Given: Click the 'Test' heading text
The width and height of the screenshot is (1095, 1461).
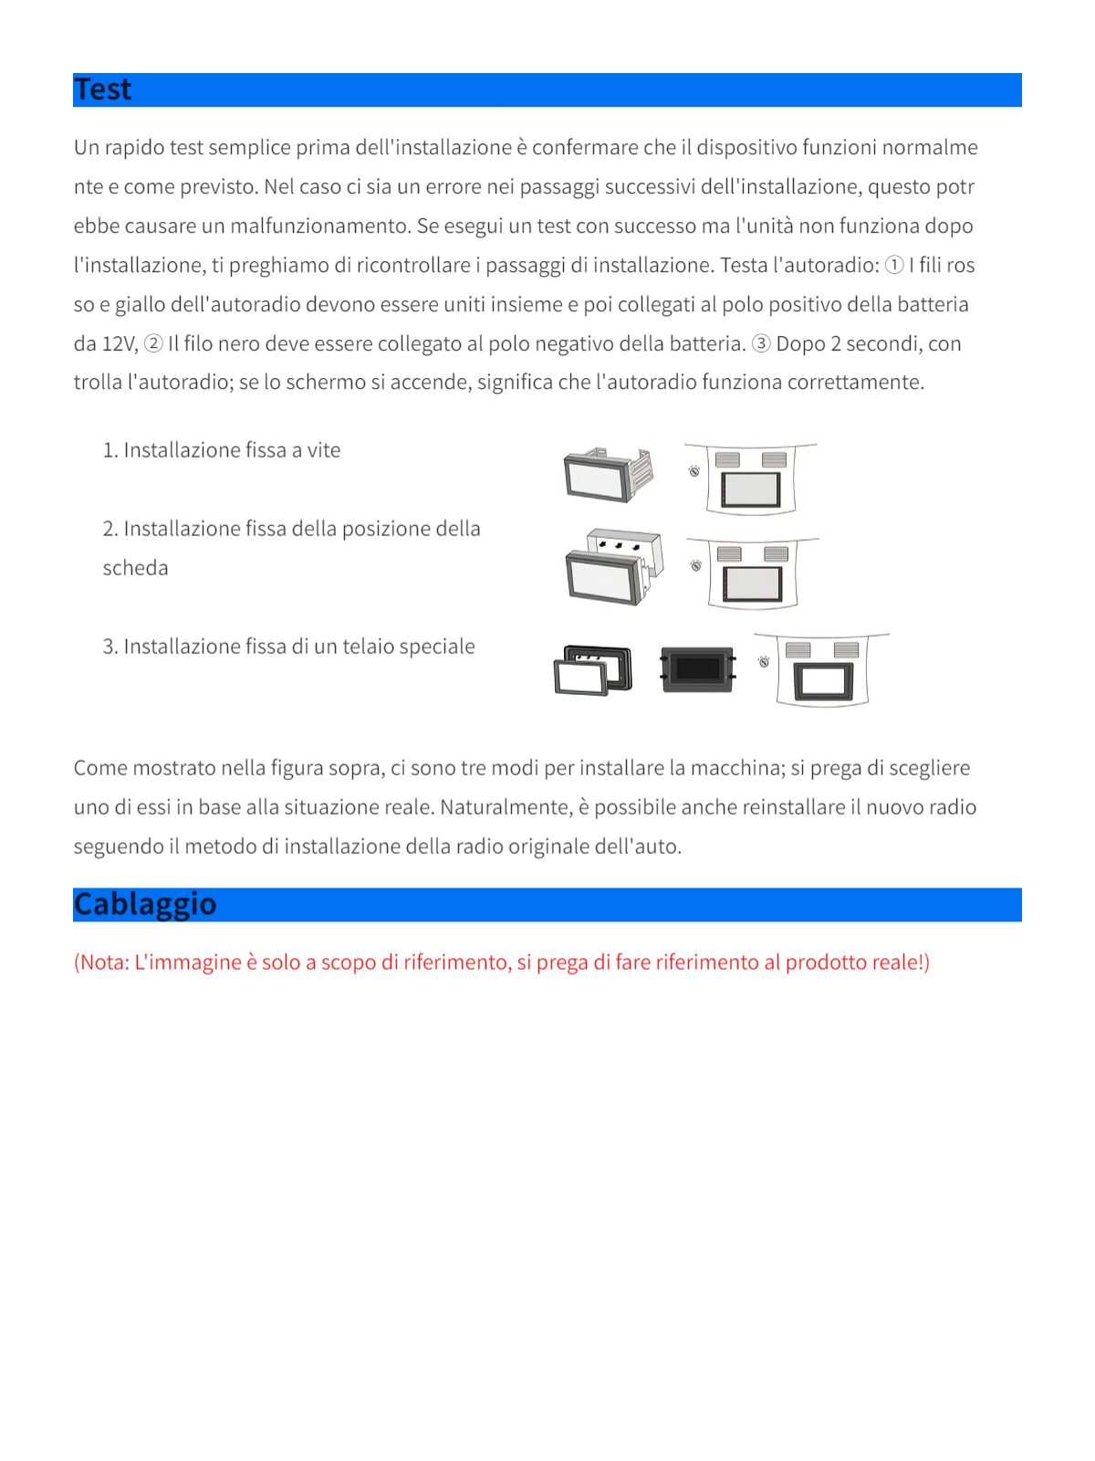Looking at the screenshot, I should click(103, 89).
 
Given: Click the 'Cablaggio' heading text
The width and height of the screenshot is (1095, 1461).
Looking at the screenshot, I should click(145, 904).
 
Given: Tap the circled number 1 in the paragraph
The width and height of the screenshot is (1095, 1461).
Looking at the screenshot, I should click(894, 266).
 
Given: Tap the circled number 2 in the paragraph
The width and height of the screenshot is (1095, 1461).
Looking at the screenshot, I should click(153, 344).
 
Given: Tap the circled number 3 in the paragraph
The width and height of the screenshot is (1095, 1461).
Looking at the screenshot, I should click(761, 344).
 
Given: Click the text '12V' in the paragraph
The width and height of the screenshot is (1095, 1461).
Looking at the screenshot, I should click(119, 344).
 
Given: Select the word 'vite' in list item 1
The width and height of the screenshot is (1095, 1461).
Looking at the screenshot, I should click(324, 450).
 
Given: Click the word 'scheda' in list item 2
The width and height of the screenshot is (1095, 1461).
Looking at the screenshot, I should click(135, 568).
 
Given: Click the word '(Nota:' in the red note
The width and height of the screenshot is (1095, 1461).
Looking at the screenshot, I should click(101, 962).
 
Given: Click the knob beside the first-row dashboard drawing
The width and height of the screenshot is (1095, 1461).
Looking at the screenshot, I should click(694, 471).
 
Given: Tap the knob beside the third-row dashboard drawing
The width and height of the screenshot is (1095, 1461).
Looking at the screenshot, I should click(764, 661).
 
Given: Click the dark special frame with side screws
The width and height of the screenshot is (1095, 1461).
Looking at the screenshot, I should click(698, 669).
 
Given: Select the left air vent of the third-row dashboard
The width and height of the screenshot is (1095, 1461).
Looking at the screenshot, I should click(798, 649).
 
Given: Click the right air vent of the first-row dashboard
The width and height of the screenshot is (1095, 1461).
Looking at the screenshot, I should click(774, 459).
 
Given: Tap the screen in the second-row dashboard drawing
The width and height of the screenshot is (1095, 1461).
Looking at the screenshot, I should click(753, 584).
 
